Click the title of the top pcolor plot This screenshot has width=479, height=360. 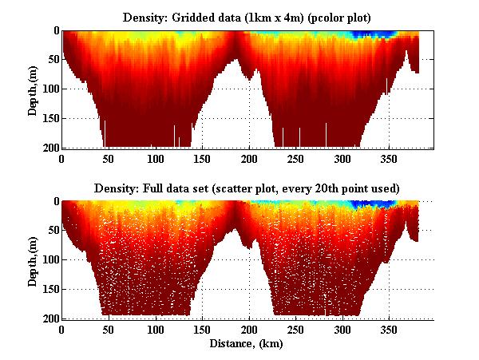247,16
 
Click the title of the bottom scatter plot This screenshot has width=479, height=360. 247,188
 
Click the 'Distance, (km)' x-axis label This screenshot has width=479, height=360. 247,344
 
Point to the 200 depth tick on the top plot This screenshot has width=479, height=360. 50,148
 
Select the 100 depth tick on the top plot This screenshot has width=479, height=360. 50,89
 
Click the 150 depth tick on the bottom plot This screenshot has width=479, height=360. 50,290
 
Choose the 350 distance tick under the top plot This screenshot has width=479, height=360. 390,158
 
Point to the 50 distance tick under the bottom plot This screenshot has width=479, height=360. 109,330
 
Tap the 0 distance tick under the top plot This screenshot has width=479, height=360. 62,158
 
